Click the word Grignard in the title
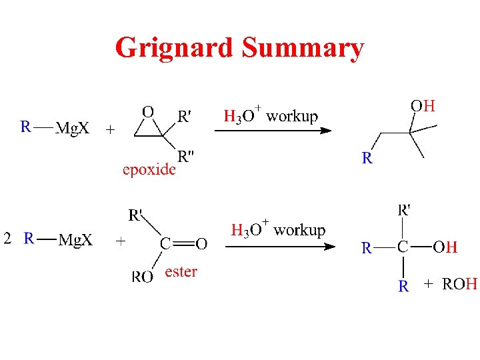(x=175, y=48)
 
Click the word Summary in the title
(x=303, y=48)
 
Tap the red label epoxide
(x=149, y=169)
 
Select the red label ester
(x=181, y=271)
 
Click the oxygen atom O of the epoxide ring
(x=149, y=111)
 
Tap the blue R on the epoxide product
(x=367, y=158)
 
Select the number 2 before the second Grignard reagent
(x=7, y=239)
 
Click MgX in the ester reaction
(x=75, y=239)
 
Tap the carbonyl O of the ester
(x=201, y=244)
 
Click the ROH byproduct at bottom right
(x=460, y=285)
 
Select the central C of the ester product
(x=403, y=247)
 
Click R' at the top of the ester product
(x=404, y=211)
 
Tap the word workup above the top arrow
(x=292, y=116)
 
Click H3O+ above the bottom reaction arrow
(x=249, y=231)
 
